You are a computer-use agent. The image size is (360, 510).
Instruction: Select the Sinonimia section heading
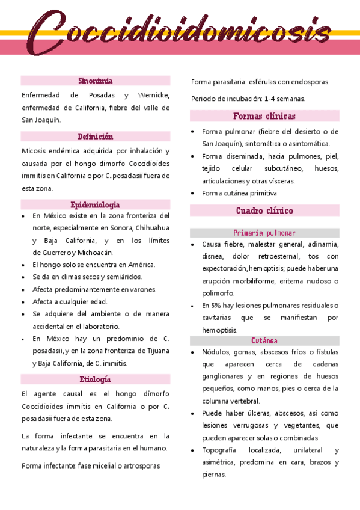click(96, 81)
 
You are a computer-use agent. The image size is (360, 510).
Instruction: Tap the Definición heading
click(96, 137)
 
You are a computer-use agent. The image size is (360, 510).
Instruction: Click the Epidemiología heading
click(96, 204)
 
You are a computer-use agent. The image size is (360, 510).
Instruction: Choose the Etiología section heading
click(96, 379)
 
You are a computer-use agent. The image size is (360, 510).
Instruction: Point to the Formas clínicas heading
click(264, 116)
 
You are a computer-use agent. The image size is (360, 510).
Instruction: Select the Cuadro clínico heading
click(264, 210)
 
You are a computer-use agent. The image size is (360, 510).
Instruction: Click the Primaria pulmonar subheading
click(264, 233)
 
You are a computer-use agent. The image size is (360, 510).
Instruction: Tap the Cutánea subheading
click(264, 340)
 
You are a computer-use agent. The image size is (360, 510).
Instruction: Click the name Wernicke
click(153, 96)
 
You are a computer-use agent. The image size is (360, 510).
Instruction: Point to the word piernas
click(213, 475)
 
